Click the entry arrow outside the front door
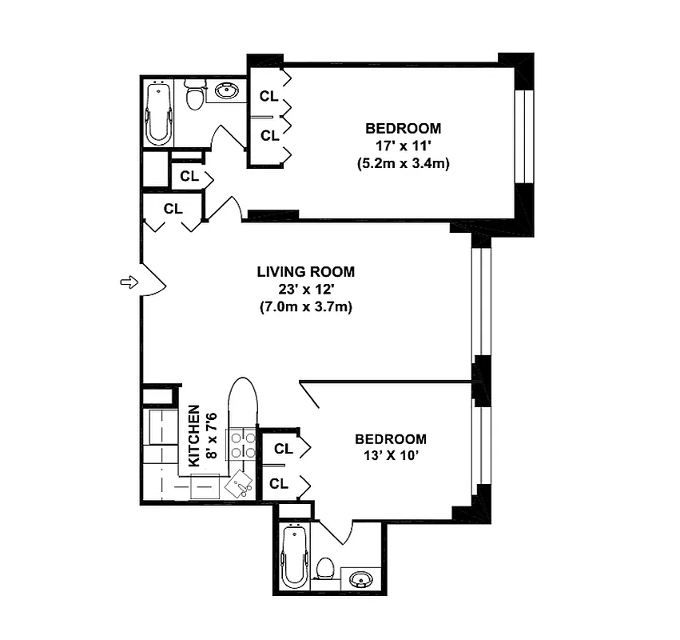pos(127,282)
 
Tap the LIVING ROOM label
pos(305,272)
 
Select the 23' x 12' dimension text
pos(305,289)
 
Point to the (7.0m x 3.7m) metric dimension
pos(305,306)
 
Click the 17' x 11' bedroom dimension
pos(403,146)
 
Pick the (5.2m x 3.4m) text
pos(403,163)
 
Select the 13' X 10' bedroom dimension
pos(390,458)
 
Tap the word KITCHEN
pos(193,436)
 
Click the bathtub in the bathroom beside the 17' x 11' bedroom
pos(158,114)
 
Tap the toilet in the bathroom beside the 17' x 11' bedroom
pos(194,97)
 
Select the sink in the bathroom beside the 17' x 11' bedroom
pos(227,91)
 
